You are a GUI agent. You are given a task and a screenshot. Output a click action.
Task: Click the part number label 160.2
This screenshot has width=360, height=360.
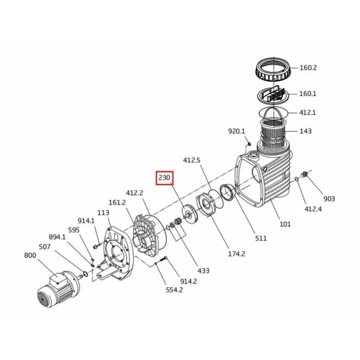pyautogui.click(x=308, y=67)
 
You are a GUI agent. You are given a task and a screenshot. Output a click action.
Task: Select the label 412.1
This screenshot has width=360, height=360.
pyautogui.click(x=307, y=113)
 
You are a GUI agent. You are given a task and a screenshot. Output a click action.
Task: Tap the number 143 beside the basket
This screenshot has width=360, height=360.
pyautogui.click(x=306, y=131)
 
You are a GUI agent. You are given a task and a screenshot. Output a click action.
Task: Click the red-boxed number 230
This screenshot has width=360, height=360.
pyautogui.click(x=164, y=178)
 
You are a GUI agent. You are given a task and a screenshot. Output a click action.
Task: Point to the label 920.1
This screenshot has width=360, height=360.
pyautogui.click(x=236, y=131)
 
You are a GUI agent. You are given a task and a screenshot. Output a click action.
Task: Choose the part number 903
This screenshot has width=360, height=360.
pyautogui.click(x=329, y=199)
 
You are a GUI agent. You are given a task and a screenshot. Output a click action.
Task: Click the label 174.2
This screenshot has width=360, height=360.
pyautogui.click(x=236, y=254)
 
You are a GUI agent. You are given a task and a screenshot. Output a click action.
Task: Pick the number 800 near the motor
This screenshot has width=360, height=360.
pyautogui.click(x=30, y=256)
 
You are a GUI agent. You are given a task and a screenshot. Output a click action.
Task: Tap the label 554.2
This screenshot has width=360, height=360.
pyautogui.click(x=174, y=290)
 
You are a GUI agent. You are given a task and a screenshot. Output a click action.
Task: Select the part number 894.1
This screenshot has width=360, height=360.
pyautogui.click(x=57, y=237)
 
